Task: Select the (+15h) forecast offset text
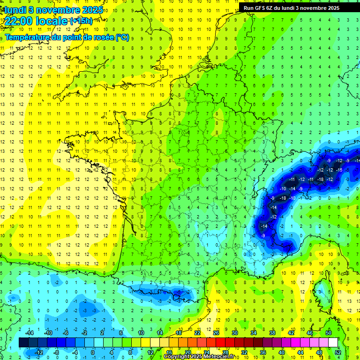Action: click(x=81, y=21)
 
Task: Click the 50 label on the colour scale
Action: click(x=329, y=333)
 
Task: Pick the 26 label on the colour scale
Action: click(x=216, y=333)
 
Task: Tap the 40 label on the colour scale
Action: click(x=282, y=352)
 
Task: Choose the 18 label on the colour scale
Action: click(x=179, y=333)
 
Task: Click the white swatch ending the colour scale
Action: click(x=333, y=343)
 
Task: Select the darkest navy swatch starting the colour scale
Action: click(x=24, y=343)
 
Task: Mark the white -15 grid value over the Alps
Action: click(x=339, y=170)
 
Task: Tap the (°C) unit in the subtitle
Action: click(x=122, y=37)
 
